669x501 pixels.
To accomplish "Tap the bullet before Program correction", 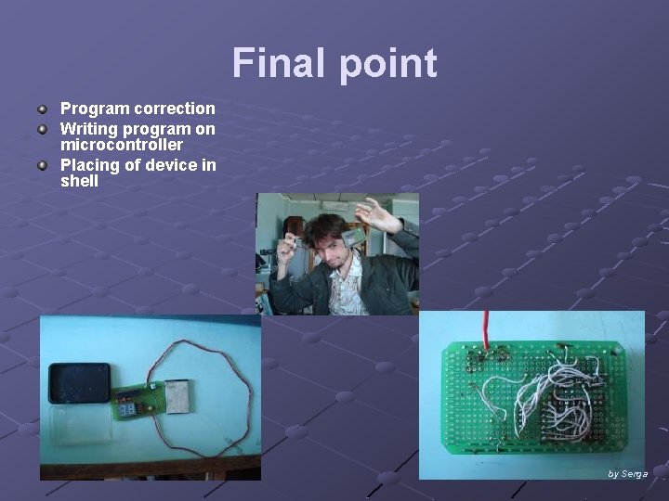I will [43, 109].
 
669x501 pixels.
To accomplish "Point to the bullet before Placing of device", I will [43, 165].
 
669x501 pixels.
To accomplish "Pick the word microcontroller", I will [122, 146].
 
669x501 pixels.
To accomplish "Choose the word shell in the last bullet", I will [79, 182].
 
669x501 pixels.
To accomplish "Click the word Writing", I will [90, 129].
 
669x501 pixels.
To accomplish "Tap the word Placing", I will [89, 165].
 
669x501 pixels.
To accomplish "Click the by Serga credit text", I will [627, 474].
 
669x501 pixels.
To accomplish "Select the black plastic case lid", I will [79, 382].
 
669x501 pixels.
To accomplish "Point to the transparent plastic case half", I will [79, 424].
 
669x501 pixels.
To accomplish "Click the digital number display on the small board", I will [129, 407].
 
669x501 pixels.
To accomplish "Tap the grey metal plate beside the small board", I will [177, 397].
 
